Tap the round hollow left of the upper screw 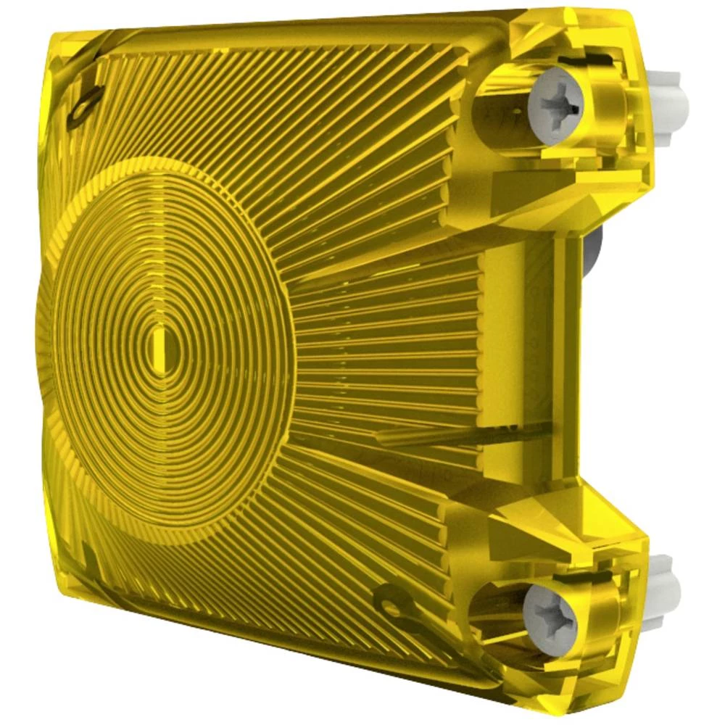[x=500, y=116]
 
